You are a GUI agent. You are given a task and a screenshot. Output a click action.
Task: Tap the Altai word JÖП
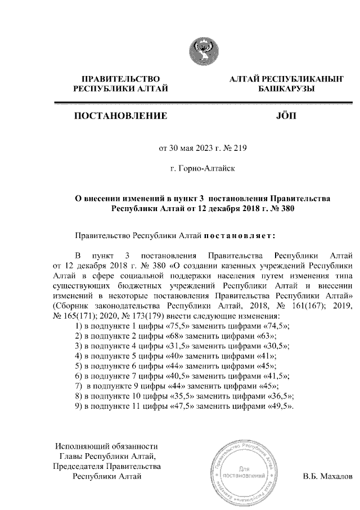tap(287, 118)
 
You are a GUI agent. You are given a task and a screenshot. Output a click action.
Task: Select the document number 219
tap(239, 149)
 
